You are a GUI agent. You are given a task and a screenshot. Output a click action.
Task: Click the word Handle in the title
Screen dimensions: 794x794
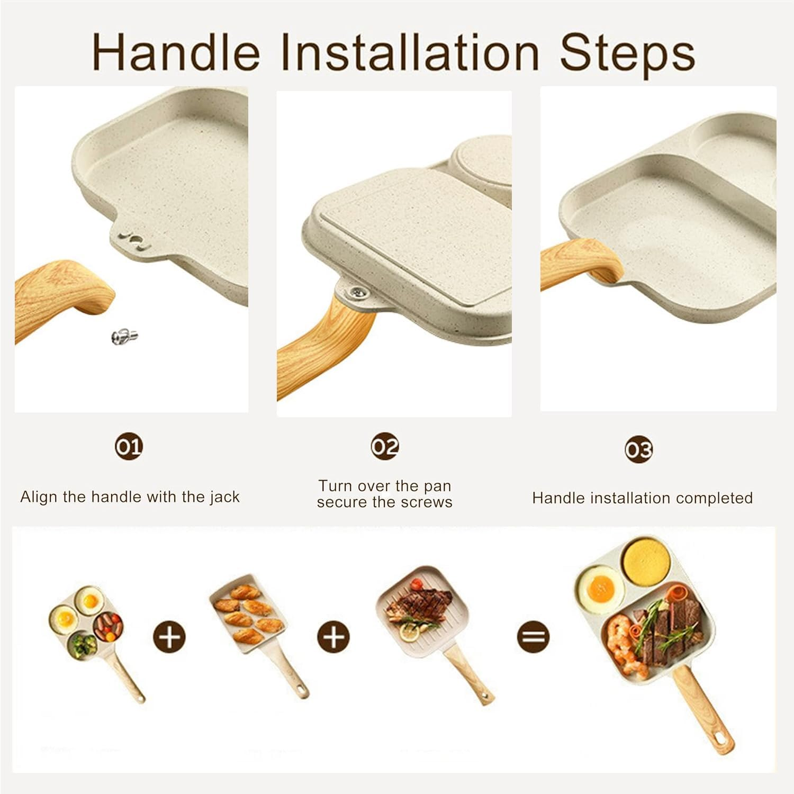176,52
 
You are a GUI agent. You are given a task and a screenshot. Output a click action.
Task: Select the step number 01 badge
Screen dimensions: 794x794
129,447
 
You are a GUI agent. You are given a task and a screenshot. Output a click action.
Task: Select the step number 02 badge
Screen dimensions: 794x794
385,447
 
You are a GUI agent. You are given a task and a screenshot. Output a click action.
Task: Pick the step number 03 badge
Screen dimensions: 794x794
639,449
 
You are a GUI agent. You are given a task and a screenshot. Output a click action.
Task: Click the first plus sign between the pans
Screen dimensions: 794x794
169,636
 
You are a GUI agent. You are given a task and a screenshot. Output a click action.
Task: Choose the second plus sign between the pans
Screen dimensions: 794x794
333,636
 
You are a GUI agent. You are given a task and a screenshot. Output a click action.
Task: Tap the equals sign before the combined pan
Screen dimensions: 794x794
533,636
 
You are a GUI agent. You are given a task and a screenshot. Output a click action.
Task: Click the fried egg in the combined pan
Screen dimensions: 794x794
599,587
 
